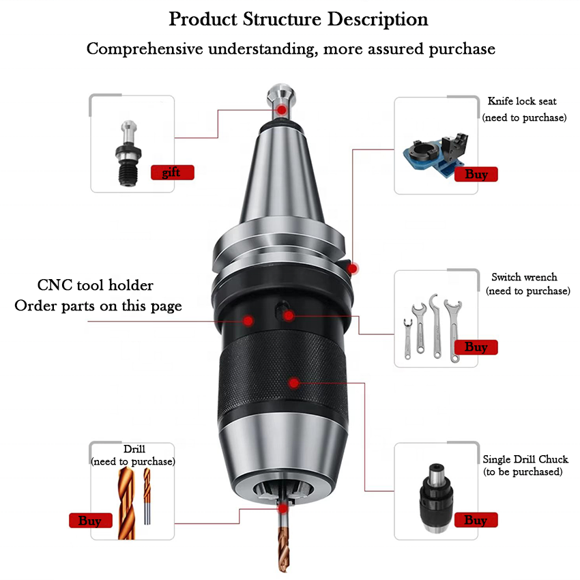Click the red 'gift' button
172,173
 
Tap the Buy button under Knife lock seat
476,174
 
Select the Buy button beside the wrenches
476,347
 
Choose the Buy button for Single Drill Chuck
476,521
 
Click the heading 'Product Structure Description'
298,19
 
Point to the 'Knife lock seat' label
522,102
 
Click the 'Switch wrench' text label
524,277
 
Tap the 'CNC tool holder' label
95,285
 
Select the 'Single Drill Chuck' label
525,459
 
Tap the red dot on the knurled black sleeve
293,382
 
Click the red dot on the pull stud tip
280,110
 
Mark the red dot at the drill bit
282,508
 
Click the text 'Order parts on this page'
98,306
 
